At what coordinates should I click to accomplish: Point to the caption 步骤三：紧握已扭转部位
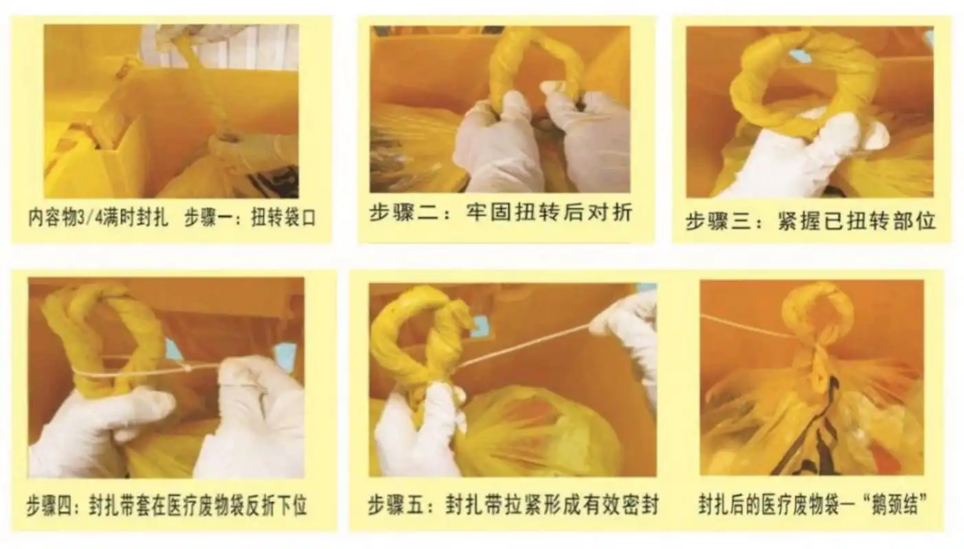point(810,222)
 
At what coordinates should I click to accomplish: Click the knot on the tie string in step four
point(187,369)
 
